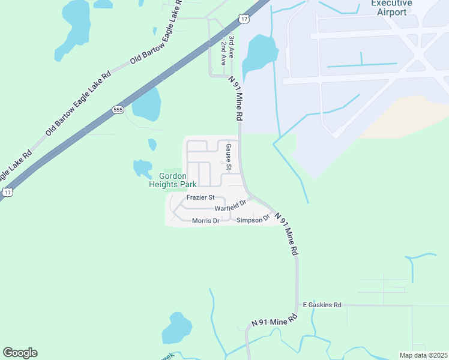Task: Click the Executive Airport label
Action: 391,7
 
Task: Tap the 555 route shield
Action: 117,110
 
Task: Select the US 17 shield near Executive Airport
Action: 243,19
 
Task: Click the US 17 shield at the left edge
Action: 7,192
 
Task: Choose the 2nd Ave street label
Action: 223,52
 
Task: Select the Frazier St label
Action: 200,197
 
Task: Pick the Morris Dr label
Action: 206,221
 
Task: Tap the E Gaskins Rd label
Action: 322,305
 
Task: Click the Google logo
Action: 20,353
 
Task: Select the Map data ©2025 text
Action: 423,355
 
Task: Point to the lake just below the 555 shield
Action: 146,104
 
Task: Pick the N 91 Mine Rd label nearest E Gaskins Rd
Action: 274,320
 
